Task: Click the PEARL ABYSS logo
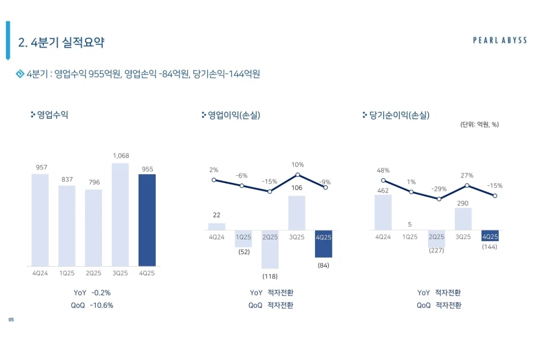coord(500,40)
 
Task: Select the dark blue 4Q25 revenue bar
coord(147,220)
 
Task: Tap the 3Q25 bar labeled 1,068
coord(120,214)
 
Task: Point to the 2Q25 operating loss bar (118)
coord(270,250)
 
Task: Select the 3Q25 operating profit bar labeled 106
coord(297,213)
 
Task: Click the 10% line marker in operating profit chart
coord(297,175)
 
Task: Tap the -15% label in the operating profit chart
coord(270,182)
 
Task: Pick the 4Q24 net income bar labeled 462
coord(383,213)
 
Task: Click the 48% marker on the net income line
coord(383,181)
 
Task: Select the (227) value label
coord(436,251)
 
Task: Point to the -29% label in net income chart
coord(439,189)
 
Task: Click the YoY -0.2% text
coord(92,293)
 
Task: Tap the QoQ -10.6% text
coord(92,305)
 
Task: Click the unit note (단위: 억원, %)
coord(479,124)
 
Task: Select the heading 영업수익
coord(52,115)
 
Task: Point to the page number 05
coord(11,320)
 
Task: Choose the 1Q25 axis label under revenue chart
coord(67,273)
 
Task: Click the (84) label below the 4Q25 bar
coord(323,265)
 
